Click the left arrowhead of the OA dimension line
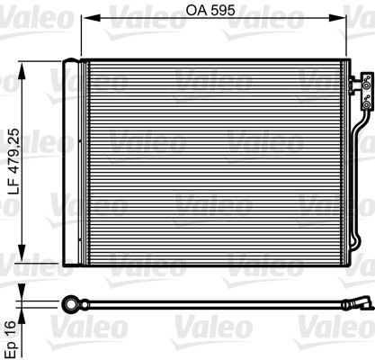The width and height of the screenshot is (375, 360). click(x=85, y=25)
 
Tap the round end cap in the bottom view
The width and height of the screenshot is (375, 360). click(x=70, y=303)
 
